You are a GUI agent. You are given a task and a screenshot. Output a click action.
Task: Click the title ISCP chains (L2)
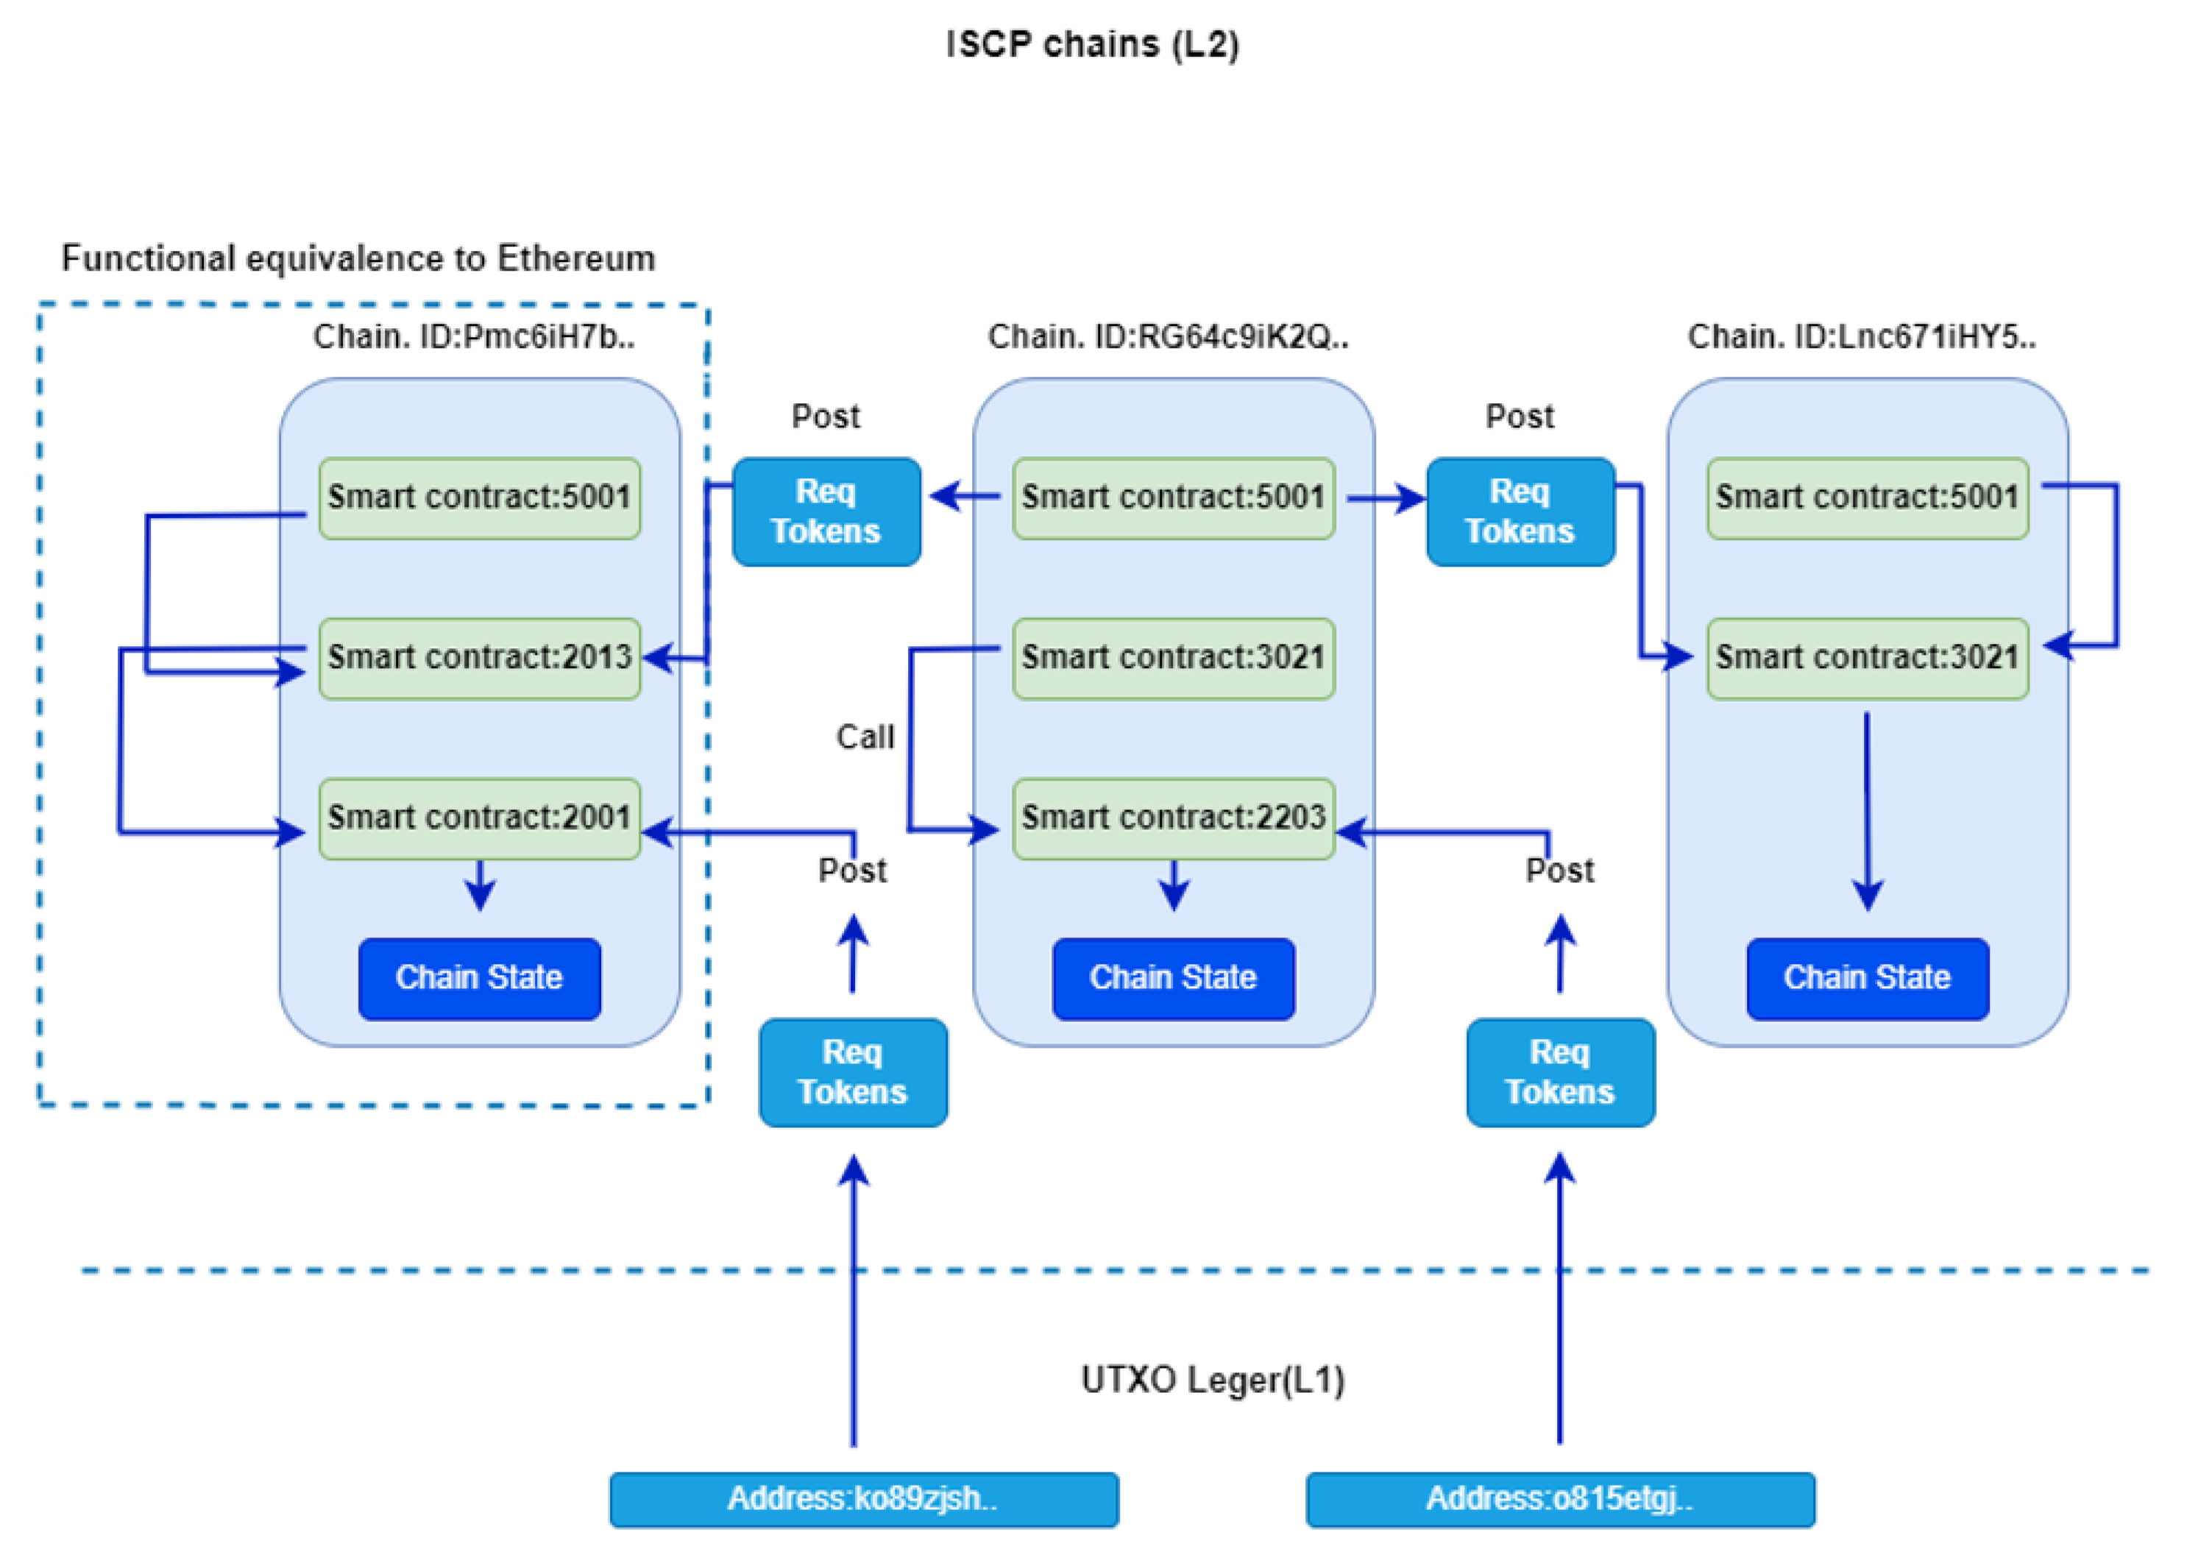click(x=1092, y=44)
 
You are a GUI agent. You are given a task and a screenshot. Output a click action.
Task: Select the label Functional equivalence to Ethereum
click(x=358, y=258)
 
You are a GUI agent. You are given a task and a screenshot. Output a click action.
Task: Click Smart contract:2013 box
click(x=479, y=658)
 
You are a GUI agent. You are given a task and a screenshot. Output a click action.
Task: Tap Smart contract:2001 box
click(x=479, y=818)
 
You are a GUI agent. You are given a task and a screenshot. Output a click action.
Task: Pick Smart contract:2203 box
click(x=1173, y=818)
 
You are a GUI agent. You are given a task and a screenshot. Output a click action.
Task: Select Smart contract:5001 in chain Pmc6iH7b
click(x=479, y=497)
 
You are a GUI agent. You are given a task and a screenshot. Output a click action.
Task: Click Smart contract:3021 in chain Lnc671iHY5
click(x=1867, y=658)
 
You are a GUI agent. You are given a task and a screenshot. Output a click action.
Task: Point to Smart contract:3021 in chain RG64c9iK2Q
click(x=1173, y=658)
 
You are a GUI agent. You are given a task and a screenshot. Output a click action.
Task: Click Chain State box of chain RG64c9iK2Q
click(x=1173, y=978)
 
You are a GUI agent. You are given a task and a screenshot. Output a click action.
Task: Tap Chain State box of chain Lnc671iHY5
click(x=1867, y=978)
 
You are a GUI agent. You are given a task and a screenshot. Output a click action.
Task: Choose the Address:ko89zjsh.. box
click(x=864, y=1498)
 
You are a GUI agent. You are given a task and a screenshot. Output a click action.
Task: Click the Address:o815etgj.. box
click(x=1560, y=1498)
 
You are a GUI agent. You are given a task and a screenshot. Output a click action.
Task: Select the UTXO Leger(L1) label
click(x=1213, y=1380)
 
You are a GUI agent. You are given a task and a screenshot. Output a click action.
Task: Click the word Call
click(x=865, y=737)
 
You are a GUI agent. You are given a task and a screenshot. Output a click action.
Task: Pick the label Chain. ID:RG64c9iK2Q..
click(x=1168, y=336)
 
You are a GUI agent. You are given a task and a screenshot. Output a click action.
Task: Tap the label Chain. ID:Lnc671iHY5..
click(x=1862, y=336)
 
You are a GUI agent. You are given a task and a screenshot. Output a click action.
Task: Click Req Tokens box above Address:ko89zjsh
click(x=853, y=1072)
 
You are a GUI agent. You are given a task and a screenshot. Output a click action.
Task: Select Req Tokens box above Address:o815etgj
click(x=1560, y=1072)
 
